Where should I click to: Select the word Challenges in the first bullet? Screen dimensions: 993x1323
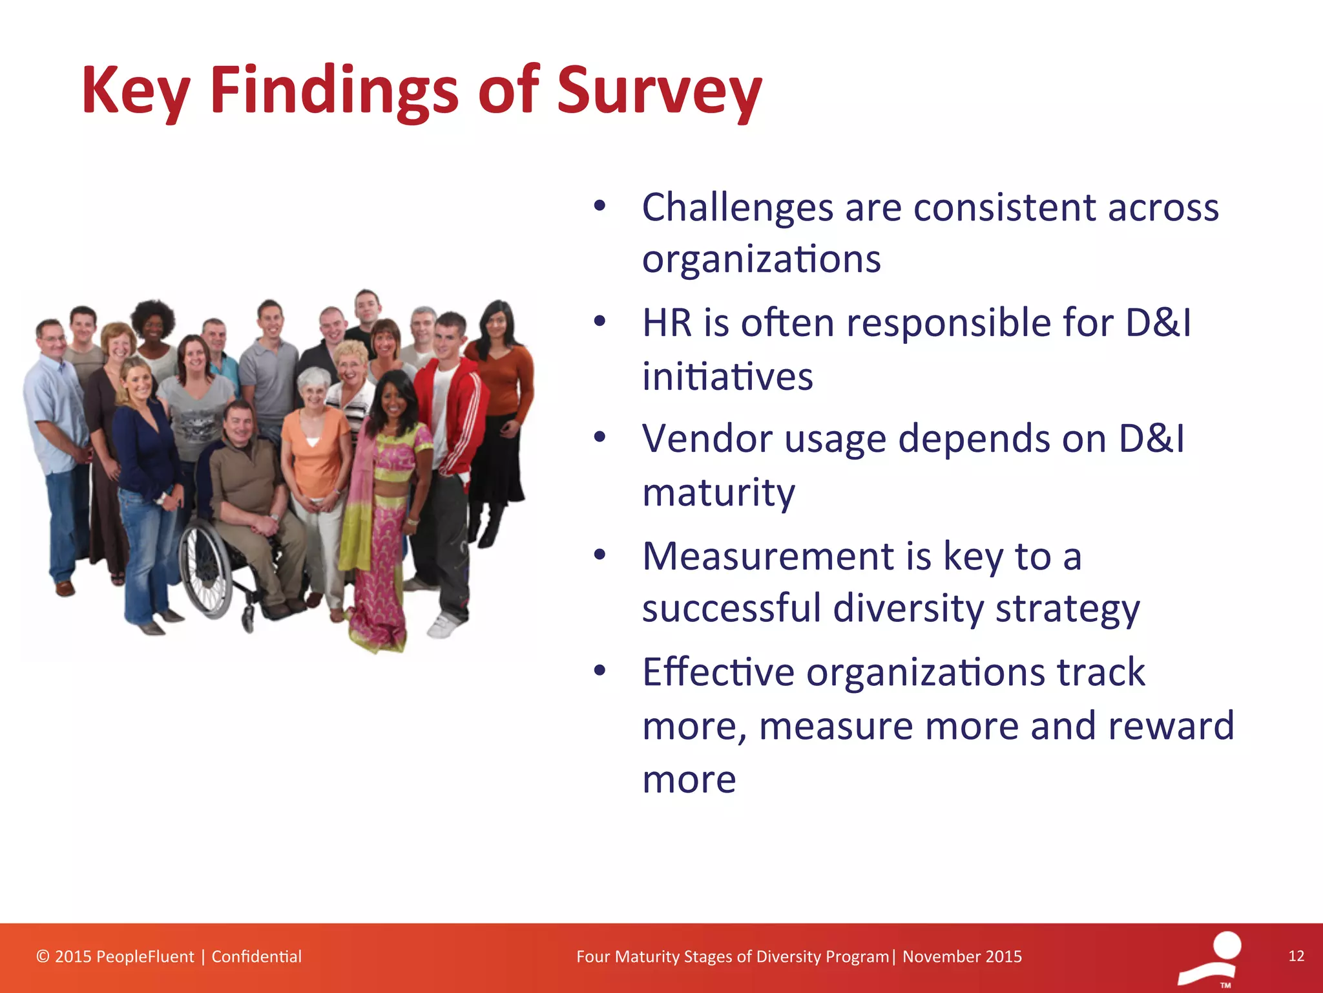[x=738, y=208]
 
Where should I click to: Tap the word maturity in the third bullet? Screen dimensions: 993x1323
[x=718, y=493]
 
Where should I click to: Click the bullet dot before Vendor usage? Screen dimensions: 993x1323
[x=600, y=438]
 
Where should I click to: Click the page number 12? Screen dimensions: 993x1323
[x=1296, y=956]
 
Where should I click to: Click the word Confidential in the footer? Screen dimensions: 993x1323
[x=256, y=957]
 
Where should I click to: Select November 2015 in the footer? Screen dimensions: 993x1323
[x=962, y=957]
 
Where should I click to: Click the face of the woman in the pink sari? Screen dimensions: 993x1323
[x=392, y=402]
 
